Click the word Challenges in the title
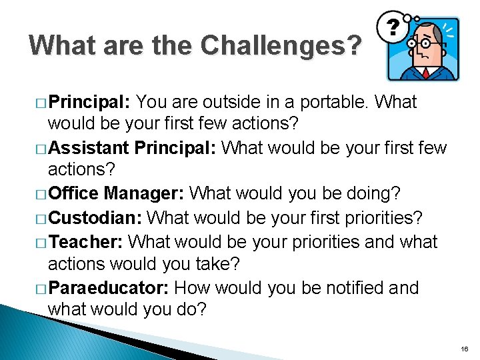(x=281, y=45)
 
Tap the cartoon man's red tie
(x=425, y=71)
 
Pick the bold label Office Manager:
(x=117, y=193)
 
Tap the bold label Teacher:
(x=87, y=241)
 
